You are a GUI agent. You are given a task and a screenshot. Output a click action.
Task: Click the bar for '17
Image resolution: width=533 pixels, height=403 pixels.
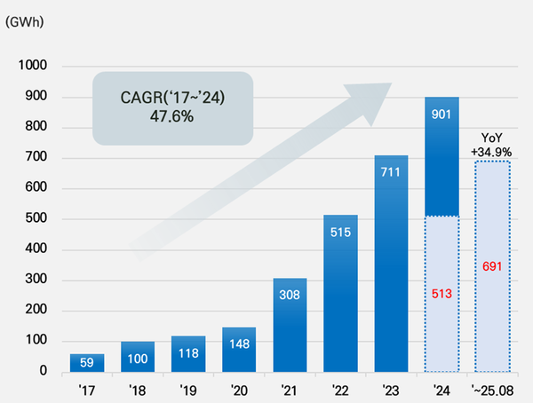pyautogui.click(x=86, y=362)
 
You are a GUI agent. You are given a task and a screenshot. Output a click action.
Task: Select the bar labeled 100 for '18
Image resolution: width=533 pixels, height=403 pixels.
pyautogui.click(x=137, y=356)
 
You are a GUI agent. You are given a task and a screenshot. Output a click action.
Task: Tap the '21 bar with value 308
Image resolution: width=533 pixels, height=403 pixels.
pyautogui.click(x=290, y=325)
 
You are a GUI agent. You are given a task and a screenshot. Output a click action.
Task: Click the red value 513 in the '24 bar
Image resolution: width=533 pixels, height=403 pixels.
pyautogui.click(x=442, y=295)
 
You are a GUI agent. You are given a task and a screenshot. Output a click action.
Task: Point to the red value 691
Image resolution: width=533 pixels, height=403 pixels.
pyautogui.click(x=492, y=265)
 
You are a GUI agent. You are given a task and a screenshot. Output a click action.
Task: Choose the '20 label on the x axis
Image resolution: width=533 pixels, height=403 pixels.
pyautogui.click(x=238, y=390)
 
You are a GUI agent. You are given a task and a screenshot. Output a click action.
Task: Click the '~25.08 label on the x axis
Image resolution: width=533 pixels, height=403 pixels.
pyautogui.click(x=492, y=390)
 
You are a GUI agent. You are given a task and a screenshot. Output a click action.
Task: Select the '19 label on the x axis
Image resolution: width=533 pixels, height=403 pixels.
pyautogui.click(x=187, y=390)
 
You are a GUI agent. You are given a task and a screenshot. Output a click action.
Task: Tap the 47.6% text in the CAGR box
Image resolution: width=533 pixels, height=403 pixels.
pyautogui.click(x=173, y=116)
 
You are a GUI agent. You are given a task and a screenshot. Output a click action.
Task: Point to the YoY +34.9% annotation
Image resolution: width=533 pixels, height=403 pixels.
pyautogui.click(x=492, y=146)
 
